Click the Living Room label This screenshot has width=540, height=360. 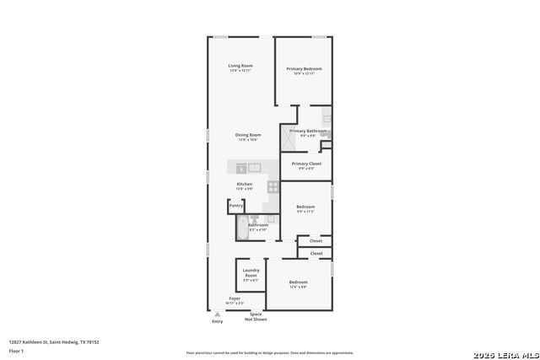(240, 67)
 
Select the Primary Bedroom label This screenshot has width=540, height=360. (304, 70)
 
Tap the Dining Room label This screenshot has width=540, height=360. (248, 136)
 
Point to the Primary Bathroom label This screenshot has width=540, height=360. (308, 132)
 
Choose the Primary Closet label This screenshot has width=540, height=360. (306, 164)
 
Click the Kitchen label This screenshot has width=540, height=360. (244, 185)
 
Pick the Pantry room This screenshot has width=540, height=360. (236, 206)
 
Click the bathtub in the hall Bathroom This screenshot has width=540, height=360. (240, 228)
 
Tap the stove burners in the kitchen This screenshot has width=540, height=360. (273, 186)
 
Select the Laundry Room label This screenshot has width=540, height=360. (251, 274)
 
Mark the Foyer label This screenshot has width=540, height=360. (234, 299)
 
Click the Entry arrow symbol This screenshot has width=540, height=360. (217, 314)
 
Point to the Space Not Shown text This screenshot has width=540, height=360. (256, 317)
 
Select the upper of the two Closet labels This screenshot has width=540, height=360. (316, 241)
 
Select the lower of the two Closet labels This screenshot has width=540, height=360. (316, 254)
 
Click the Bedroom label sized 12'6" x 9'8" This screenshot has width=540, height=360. (298, 283)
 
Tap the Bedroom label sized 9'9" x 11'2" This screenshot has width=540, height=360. (305, 208)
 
